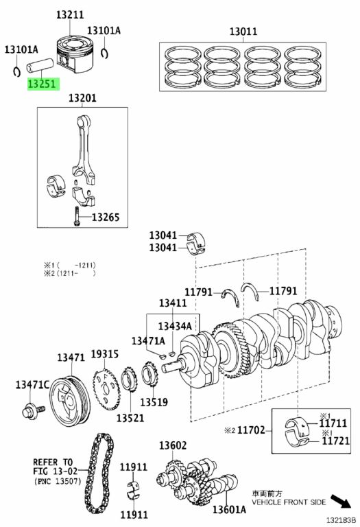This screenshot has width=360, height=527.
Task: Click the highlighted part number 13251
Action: pos(43,84)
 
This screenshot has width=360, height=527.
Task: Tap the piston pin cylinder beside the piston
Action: pos(40,65)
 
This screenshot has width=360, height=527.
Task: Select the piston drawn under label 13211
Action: pos(74,54)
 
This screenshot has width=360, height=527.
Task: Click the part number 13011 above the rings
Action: pos(243,32)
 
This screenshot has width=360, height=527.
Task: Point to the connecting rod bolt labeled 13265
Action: pos(77,216)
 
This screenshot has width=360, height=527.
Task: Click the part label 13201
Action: pos(82,98)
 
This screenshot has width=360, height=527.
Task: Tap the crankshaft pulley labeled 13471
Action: pos(70,402)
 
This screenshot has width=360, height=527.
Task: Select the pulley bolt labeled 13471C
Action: pos(33,411)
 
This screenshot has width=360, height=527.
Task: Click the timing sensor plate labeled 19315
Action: pos(106,389)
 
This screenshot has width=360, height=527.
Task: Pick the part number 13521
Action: pos(130,418)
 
